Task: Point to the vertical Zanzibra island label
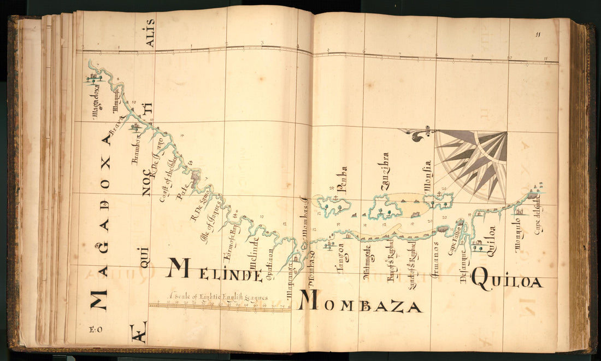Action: [385, 172]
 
